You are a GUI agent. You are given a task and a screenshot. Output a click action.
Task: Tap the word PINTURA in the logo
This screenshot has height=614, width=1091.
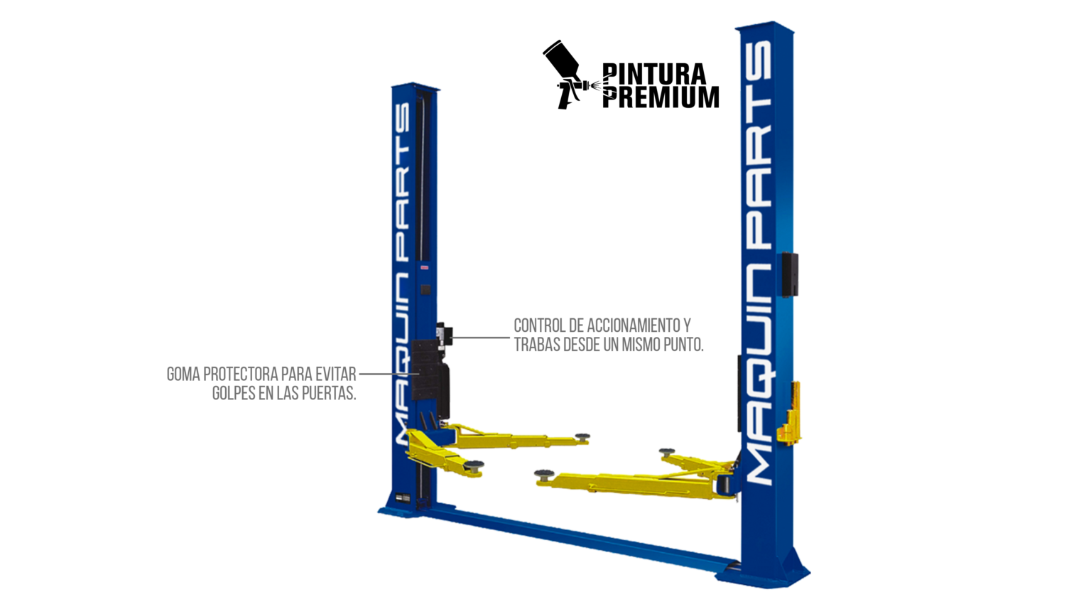click(x=654, y=74)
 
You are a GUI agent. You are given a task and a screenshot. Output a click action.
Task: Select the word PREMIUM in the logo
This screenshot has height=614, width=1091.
click(x=661, y=97)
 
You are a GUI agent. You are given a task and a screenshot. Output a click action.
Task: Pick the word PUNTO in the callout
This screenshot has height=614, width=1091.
click(x=683, y=345)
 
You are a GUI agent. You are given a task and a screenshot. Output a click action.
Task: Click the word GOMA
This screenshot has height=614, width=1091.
click(x=183, y=375)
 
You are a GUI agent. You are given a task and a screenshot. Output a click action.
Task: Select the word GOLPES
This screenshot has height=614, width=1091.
click(x=233, y=393)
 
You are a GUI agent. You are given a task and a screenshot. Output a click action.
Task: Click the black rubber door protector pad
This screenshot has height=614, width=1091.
click(x=426, y=370)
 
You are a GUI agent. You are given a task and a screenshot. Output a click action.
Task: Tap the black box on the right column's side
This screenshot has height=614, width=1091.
click(x=790, y=274)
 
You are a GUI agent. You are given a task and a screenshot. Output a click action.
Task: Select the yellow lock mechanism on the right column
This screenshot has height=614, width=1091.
click(x=790, y=414)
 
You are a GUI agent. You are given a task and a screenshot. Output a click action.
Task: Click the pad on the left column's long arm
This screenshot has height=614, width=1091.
click(x=582, y=437)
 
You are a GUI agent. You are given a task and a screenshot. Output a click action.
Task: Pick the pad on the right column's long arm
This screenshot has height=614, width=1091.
click(x=543, y=474)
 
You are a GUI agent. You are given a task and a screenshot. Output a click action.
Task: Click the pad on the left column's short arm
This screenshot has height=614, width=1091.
click(x=474, y=465)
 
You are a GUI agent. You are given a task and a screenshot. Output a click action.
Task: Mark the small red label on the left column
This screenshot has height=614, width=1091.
click(x=425, y=267)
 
